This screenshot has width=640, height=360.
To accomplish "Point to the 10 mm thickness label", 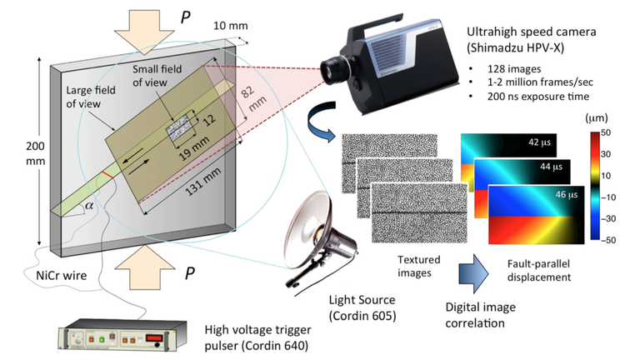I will (x=230, y=25).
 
